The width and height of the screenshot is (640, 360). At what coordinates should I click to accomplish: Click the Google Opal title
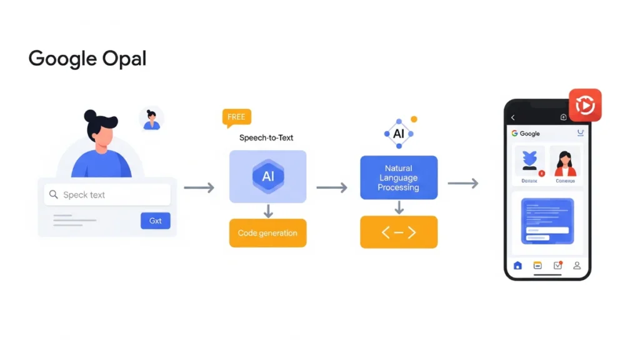[x=87, y=59]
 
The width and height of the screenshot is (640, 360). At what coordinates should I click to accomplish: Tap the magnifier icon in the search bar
[x=53, y=195]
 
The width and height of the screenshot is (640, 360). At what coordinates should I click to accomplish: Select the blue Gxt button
[x=155, y=221]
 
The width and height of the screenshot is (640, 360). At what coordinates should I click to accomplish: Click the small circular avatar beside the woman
[x=151, y=119]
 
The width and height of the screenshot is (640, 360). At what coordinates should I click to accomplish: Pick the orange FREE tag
[x=236, y=117]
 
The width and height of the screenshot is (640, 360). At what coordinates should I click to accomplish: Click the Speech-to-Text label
[x=266, y=137]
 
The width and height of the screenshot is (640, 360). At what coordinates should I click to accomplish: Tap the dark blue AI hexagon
[x=267, y=176]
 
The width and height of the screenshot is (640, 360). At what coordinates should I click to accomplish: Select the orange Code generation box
[x=267, y=233]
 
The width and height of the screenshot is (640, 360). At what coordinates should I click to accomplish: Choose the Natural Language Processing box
[x=398, y=178]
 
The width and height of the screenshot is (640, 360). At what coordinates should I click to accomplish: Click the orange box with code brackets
[x=398, y=232]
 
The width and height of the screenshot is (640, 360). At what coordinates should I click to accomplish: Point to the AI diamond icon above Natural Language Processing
[x=398, y=134]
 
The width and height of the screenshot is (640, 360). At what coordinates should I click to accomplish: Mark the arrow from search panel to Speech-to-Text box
[x=199, y=187]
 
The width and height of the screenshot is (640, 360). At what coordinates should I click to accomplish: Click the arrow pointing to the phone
[x=462, y=183]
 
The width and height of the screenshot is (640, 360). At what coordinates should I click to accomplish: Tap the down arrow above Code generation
[x=268, y=211]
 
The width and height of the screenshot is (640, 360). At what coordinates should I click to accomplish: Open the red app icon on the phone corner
[x=585, y=105]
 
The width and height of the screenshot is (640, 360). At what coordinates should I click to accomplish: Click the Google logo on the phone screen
[x=526, y=133]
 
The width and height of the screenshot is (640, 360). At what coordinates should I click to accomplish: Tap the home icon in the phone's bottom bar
[x=517, y=266]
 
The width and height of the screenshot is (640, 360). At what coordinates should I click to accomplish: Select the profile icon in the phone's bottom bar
[x=577, y=266]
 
